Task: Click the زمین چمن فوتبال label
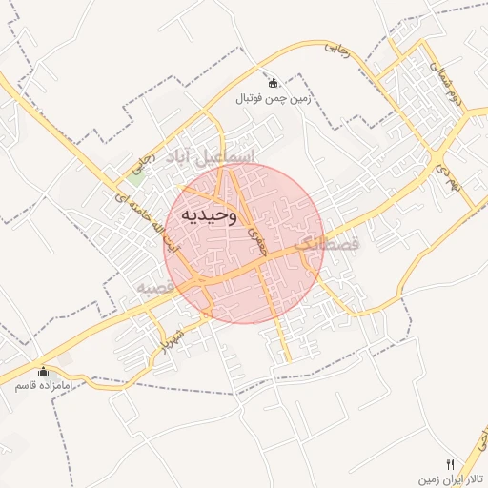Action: pos(274,97)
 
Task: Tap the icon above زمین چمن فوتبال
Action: pos(274,83)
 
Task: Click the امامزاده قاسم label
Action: pos(42,386)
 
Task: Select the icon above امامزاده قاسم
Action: pos(42,372)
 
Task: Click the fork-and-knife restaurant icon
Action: pos(452,461)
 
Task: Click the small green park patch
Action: pos(136,174)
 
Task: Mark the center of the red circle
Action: pos(244,243)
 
